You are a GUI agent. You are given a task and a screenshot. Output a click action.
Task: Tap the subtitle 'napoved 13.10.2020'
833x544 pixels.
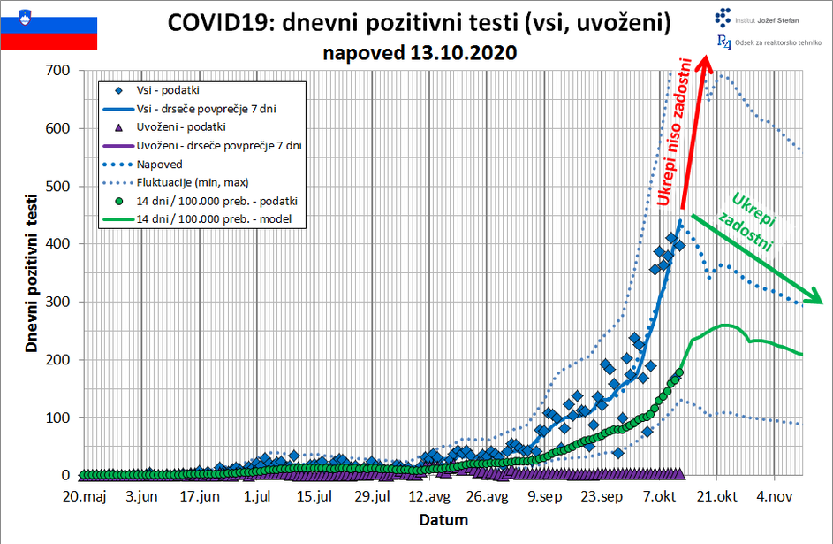point(420,53)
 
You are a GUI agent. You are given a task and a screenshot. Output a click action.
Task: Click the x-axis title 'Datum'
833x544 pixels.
point(443,519)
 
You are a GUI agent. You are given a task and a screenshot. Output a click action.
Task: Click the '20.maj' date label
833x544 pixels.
point(85,496)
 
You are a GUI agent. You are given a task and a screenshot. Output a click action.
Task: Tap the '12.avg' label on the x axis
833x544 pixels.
point(434,496)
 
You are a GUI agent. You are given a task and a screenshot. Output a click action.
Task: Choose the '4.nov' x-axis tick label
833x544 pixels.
point(775,496)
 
